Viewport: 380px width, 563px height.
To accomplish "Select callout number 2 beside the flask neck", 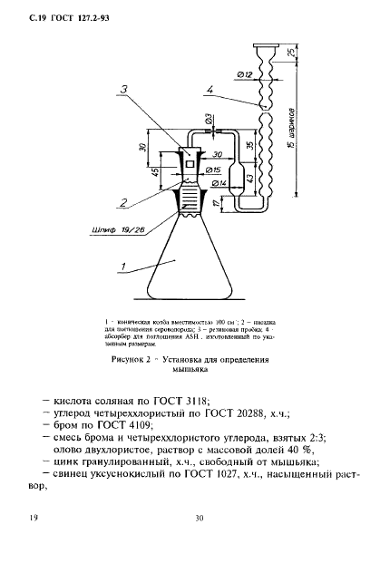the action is coord(121,201).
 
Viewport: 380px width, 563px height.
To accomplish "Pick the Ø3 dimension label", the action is coord(209,119).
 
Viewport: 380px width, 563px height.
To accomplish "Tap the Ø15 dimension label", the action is coord(214,170).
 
